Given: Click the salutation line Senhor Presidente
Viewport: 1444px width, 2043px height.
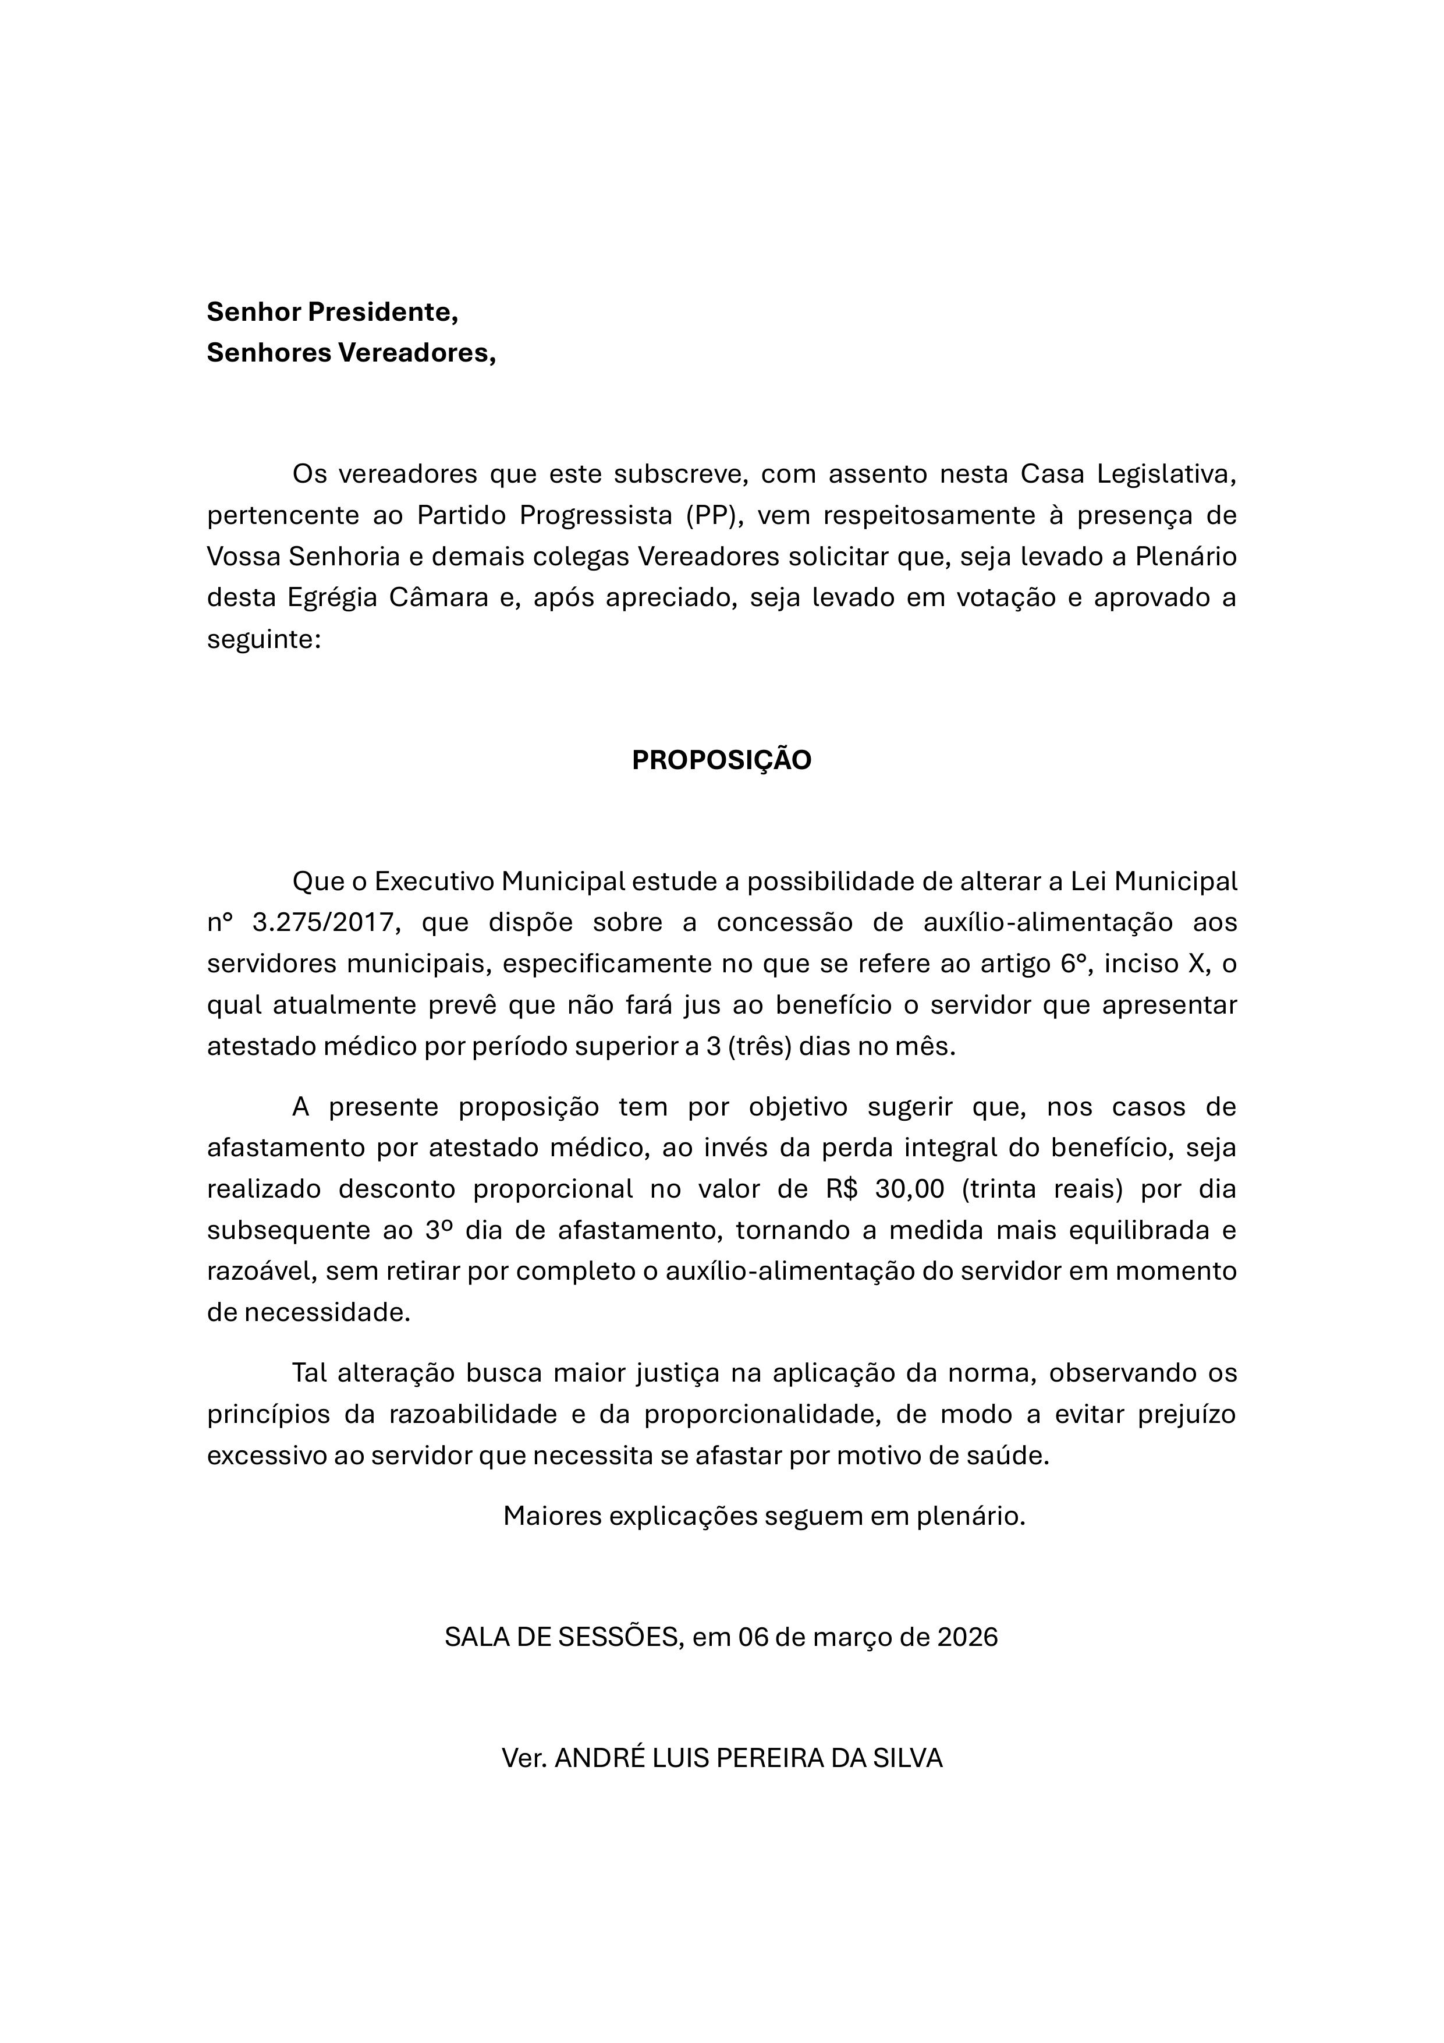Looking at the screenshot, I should [332, 312].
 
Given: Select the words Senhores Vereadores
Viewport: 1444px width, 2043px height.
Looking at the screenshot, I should [350, 353].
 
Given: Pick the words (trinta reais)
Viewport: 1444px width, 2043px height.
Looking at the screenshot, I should [1044, 1189].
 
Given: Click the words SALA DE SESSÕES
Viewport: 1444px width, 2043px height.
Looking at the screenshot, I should [562, 1637].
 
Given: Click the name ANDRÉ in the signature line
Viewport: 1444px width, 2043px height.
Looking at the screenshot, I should [594, 1758].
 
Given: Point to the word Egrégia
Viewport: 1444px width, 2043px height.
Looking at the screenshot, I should [328, 597].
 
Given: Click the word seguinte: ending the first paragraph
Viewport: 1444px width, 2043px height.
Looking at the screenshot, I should [263, 639].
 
